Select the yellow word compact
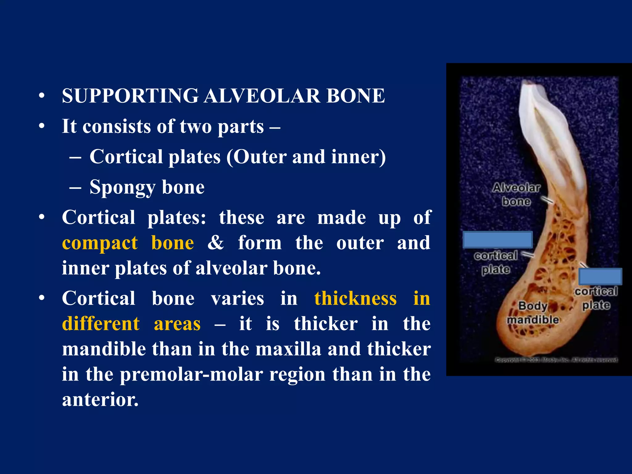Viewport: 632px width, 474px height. pyautogui.click(x=100, y=243)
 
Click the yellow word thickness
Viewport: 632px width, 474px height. pyautogui.click(x=355, y=299)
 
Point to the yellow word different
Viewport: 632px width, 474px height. pyautogui.click(x=101, y=324)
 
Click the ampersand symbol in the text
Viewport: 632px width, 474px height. pyautogui.click(x=215, y=243)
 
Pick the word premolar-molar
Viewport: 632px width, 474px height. pyautogui.click(x=191, y=375)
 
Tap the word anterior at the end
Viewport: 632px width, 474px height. pyautogui.click(x=100, y=400)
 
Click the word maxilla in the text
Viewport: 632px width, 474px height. pyautogui.click(x=289, y=349)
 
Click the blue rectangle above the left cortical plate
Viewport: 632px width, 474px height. pyautogui.click(x=498, y=240)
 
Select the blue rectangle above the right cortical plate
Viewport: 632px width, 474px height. pyautogui.click(x=600, y=276)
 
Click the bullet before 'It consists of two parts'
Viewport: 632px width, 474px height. pyautogui.click(x=42, y=126)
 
